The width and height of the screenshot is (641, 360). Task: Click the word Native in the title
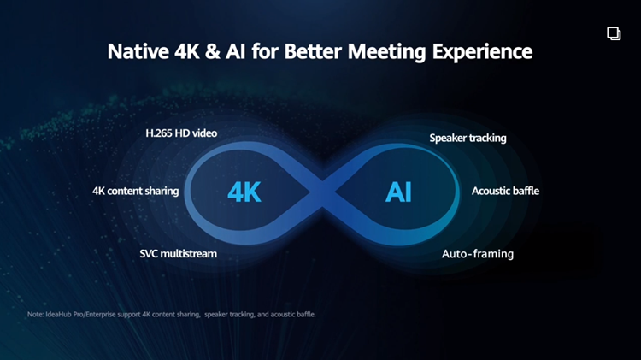[138, 51]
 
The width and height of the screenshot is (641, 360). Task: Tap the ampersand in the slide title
[213, 51]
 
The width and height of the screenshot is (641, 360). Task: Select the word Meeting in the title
[386, 52]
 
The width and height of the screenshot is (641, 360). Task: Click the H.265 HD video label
[181, 133]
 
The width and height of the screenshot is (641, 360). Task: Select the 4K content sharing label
[136, 191]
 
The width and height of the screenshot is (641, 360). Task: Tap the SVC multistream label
[179, 254]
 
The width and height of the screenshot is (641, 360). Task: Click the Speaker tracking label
[468, 139]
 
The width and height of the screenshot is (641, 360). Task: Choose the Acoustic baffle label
[505, 191]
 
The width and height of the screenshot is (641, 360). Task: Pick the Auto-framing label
[478, 254]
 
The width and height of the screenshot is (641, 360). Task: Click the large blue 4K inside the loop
[244, 192]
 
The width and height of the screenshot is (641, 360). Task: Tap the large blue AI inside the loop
[398, 192]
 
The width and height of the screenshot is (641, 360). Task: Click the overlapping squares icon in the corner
[614, 33]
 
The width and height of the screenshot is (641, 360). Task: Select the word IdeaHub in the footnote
[58, 314]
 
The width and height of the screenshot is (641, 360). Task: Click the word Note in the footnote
[35, 314]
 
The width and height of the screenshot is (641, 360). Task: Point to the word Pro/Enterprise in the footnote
[94, 314]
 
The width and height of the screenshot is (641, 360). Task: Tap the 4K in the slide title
[187, 51]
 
